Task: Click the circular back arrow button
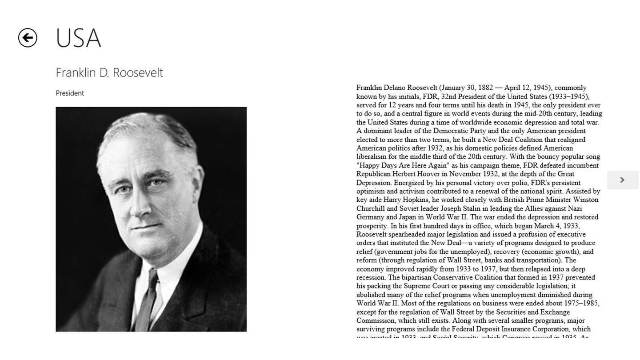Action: click(x=28, y=38)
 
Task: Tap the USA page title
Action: click(x=78, y=38)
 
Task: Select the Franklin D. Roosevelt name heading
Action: click(x=109, y=72)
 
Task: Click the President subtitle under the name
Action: click(x=70, y=93)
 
